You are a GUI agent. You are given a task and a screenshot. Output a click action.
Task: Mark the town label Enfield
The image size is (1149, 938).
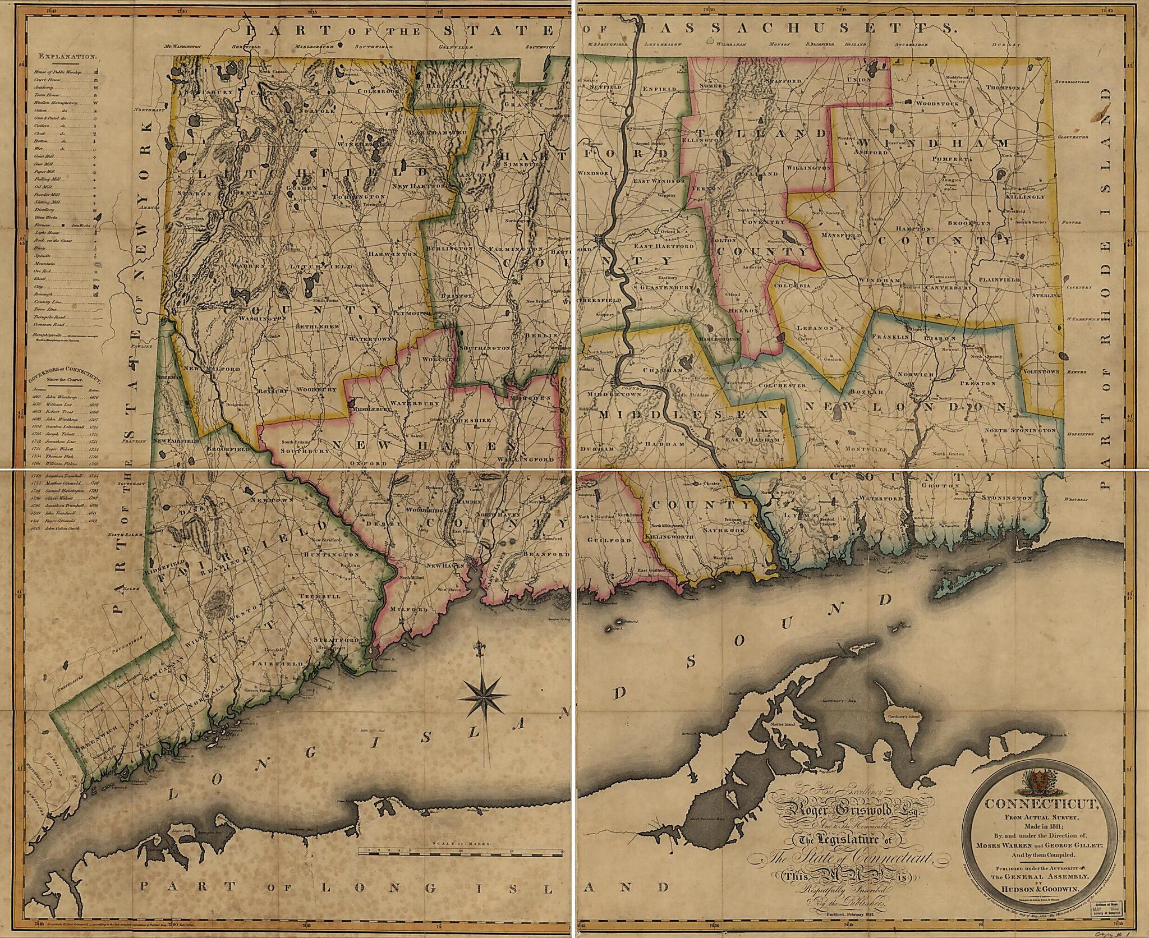[x=657, y=88]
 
